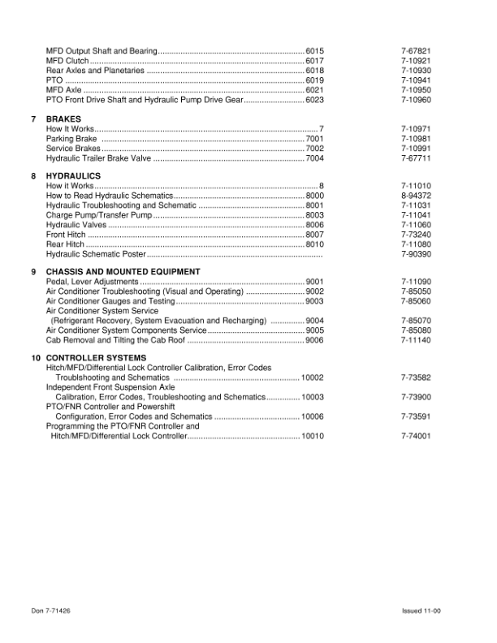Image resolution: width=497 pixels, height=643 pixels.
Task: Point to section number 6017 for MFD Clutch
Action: pos(315,62)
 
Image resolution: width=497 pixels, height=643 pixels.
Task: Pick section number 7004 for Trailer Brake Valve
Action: pos(315,158)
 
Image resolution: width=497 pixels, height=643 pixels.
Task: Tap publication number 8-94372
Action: pos(416,196)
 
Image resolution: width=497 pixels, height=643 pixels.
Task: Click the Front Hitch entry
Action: pos(66,235)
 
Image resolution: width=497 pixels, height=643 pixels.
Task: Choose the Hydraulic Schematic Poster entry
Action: pos(90,254)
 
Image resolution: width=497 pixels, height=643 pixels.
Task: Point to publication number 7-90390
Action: pos(416,254)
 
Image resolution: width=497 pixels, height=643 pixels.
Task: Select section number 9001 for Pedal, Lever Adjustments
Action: pos(315,282)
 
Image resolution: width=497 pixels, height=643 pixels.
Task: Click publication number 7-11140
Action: pos(416,340)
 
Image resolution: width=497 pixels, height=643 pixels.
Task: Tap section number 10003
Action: pos(313,397)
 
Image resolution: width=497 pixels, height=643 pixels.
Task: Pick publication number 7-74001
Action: pos(416,436)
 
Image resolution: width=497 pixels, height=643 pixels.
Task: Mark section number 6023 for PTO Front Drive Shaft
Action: pos(315,100)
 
